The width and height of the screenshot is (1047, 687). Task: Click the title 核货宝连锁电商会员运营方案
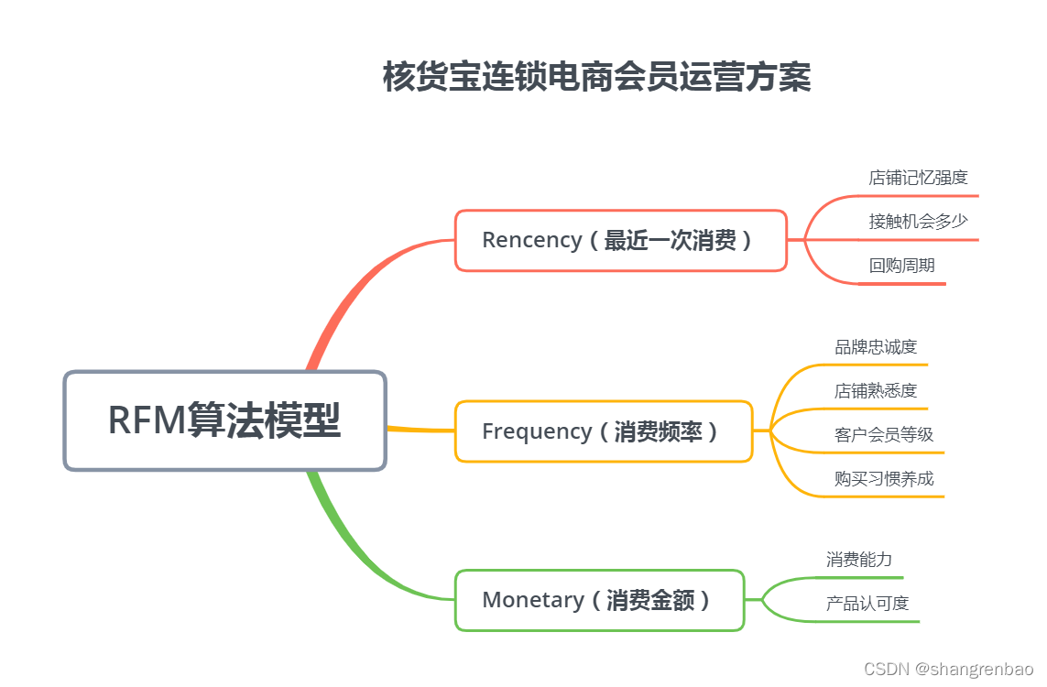[x=596, y=77]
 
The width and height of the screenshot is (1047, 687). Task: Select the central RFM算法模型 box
[x=224, y=420]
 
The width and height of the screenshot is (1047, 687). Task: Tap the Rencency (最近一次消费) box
[x=620, y=240]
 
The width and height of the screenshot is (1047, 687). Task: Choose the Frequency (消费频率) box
[x=603, y=431]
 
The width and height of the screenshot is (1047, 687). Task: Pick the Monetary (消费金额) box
[x=599, y=600]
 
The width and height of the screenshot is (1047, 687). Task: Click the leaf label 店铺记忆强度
[x=918, y=178]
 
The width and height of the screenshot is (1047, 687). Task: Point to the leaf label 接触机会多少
[x=918, y=221]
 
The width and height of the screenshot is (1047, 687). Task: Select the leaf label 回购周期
[x=901, y=266]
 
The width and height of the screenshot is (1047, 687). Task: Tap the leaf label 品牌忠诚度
[x=875, y=347]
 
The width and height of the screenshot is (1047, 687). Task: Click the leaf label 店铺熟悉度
[x=875, y=391]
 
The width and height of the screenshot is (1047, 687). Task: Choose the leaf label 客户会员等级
[x=883, y=435]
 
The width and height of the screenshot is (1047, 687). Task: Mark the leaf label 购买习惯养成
[x=883, y=479]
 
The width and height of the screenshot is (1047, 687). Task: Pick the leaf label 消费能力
[x=858, y=560]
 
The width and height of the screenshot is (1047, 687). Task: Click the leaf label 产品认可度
[x=867, y=604]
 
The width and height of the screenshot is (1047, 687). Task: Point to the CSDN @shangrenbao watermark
[x=949, y=670]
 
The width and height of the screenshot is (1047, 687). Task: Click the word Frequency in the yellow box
[x=536, y=431]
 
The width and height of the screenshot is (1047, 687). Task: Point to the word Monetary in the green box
[x=532, y=600]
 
